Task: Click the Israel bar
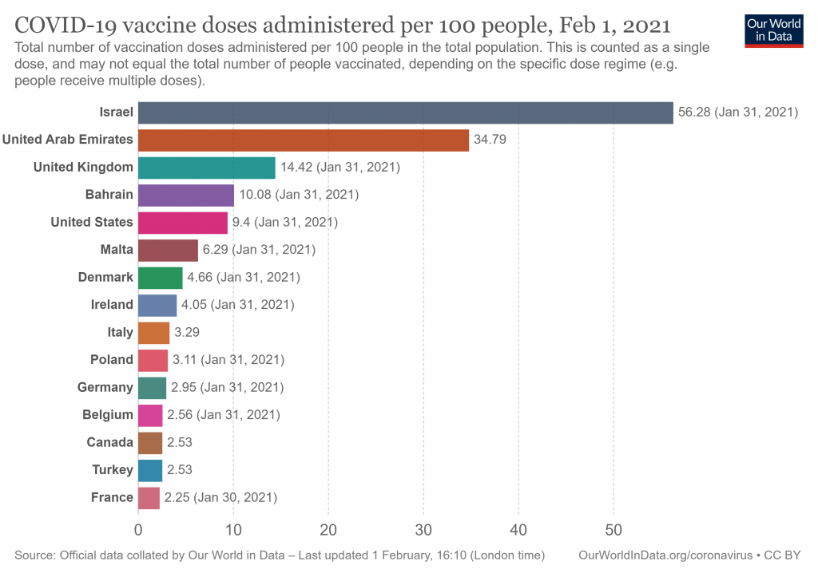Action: coord(405,113)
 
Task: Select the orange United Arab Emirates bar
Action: coord(304,140)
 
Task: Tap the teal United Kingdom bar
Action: coord(206,168)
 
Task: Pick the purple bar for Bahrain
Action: coord(186,195)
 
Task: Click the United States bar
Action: coord(183,222)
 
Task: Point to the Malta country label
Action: coord(117,250)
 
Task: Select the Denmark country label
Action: coord(105,277)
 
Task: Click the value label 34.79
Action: coord(490,140)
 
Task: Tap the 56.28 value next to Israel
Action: coord(693,113)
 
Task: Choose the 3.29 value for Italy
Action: coord(187,332)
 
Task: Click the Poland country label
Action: coord(112,360)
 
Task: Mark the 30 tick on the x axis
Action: coord(423,529)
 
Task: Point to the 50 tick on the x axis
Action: coord(613,529)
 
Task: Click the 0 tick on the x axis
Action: coord(138,529)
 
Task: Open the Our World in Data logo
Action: coord(772,30)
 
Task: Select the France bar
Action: coord(149,497)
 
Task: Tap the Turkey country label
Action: coord(113,470)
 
